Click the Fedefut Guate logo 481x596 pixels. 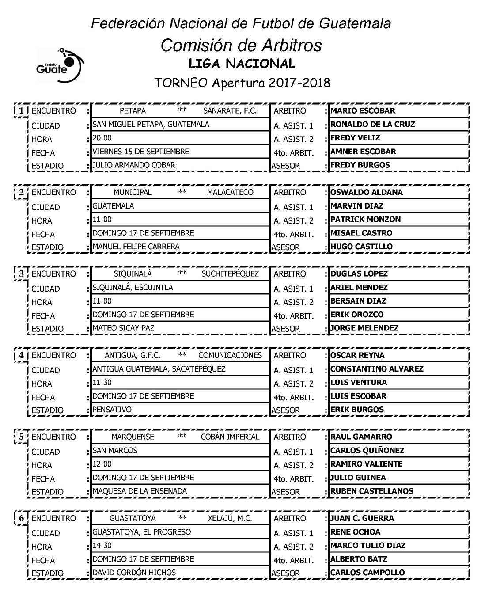[60, 65]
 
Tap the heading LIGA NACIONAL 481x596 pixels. [242, 64]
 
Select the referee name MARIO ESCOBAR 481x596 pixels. [363, 111]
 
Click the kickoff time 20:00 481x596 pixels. [102, 138]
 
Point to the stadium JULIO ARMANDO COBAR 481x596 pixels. [134, 165]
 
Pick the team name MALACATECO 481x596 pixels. [230, 192]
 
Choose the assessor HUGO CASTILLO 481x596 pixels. [361, 247]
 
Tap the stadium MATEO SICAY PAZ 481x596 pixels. [123, 328]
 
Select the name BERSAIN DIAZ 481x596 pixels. [358, 301]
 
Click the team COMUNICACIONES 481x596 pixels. [230, 355]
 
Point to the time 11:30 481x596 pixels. [102, 383]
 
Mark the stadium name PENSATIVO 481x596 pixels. [112, 410]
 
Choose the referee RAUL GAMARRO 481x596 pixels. [361, 437]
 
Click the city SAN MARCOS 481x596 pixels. [115, 451]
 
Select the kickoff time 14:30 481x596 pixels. [102, 546]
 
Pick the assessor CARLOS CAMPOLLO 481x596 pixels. [367, 573]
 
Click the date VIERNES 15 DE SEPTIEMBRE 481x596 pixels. [141, 152]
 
